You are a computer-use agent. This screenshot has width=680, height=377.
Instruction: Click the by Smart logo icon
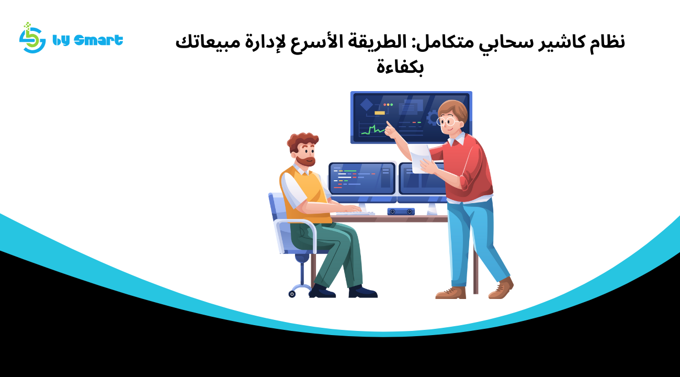pyautogui.click(x=32, y=38)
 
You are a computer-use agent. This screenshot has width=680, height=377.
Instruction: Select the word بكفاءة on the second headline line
pyautogui.click(x=400, y=67)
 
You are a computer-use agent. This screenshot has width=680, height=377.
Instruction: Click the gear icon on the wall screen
pyautogui.click(x=433, y=118)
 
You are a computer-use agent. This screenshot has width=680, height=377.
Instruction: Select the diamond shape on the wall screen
pyautogui.click(x=367, y=104)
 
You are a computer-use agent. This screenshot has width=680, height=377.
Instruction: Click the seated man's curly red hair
pyautogui.click(x=302, y=140)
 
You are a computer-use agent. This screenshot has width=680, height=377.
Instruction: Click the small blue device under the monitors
pyautogui.click(x=401, y=212)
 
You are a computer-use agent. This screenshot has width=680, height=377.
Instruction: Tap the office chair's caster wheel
pyautogui.click(x=292, y=294)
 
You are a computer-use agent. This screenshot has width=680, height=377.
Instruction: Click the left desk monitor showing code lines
pyautogui.click(x=362, y=179)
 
